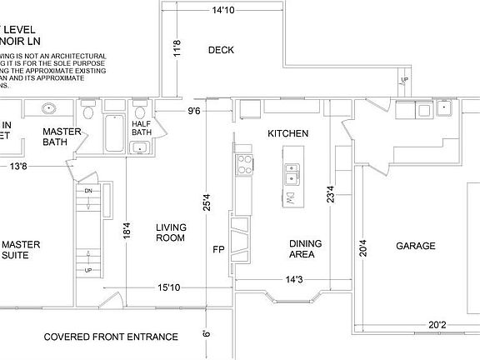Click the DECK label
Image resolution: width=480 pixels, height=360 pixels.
click(221, 50)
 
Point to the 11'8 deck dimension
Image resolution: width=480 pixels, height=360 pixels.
click(176, 49)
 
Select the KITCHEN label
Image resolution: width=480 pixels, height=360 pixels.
click(288, 133)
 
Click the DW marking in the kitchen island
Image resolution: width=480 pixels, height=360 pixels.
click(292, 199)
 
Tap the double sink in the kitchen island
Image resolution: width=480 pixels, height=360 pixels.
click(292, 174)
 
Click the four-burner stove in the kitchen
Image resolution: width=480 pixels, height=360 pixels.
click(244, 163)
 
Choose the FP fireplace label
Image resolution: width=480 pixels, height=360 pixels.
click(218, 249)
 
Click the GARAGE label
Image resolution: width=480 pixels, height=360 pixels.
click(415, 246)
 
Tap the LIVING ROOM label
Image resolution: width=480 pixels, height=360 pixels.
click(170, 232)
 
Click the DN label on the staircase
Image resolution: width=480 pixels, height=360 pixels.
click(87, 191)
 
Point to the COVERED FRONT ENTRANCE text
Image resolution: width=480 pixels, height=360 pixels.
click(111, 337)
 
